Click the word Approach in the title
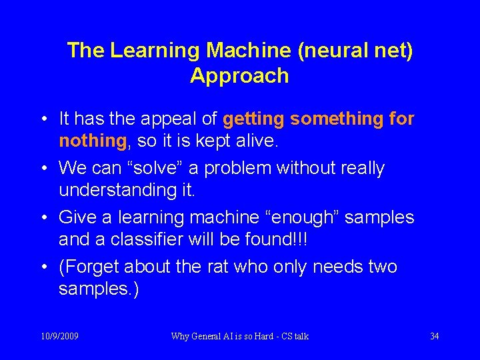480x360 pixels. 239,76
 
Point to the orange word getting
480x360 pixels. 254,119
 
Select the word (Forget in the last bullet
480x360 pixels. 89,267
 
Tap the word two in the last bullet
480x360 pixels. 383,267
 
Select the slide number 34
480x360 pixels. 434,336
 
